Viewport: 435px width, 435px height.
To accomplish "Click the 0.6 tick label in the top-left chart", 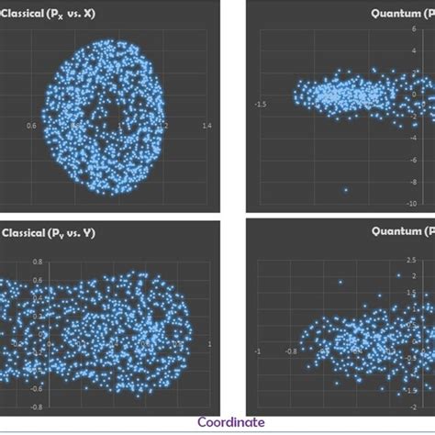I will click(x=33, y=126).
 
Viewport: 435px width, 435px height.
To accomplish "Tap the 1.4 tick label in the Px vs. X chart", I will click(x=206, y=126).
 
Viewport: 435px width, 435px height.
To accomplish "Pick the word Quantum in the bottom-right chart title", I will click(x=397, y=232).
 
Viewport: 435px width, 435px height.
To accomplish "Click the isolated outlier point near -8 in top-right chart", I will click(x=345, y=190).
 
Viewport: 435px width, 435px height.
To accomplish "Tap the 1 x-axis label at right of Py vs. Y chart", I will click(x=211, y=344).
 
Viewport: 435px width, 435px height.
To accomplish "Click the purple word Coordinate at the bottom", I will click(x=231, y=423).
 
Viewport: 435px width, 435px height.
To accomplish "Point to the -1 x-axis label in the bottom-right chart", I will click(x=258, y=351).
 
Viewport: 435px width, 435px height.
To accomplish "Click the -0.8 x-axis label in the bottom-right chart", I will click(x=290, y=351).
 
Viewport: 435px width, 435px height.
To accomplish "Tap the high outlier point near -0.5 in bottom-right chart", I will click(x=340, y=283).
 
